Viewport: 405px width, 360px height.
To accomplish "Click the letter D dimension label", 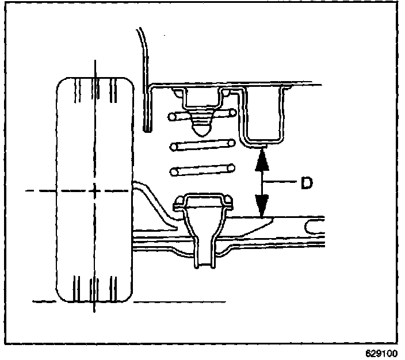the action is (307, 183).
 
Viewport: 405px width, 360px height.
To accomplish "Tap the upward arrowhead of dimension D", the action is (262, 158).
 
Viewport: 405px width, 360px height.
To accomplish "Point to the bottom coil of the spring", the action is (202, 170).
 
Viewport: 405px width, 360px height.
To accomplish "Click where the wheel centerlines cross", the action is (94, 189).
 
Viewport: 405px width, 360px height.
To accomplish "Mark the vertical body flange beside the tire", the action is (147, 109).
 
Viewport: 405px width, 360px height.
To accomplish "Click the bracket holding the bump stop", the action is (202, 98).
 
